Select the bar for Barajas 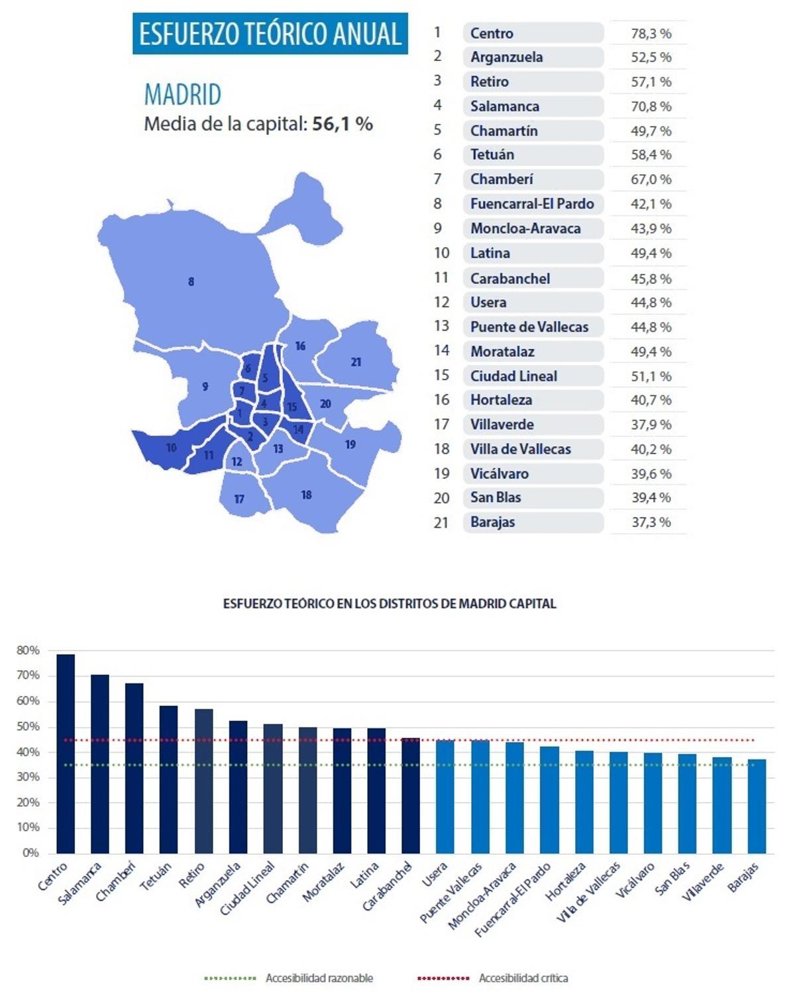coord(757,806)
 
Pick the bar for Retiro coord(204,781)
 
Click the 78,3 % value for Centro coord(651,33)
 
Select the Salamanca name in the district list coord(505,106)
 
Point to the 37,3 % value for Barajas coord(651,522)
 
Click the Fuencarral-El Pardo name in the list coord(532,204)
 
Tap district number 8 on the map coord(191,282)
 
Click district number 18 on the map coord(306,495)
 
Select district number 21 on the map coord(356,362)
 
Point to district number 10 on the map coord(171,448)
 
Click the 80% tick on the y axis coord(28,651)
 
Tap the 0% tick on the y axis coord(30,853)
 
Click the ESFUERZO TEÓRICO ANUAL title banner coord(270,34)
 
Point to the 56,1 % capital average coord(342,124)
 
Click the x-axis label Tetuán coord(156,877)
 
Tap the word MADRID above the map coord(183,95)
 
